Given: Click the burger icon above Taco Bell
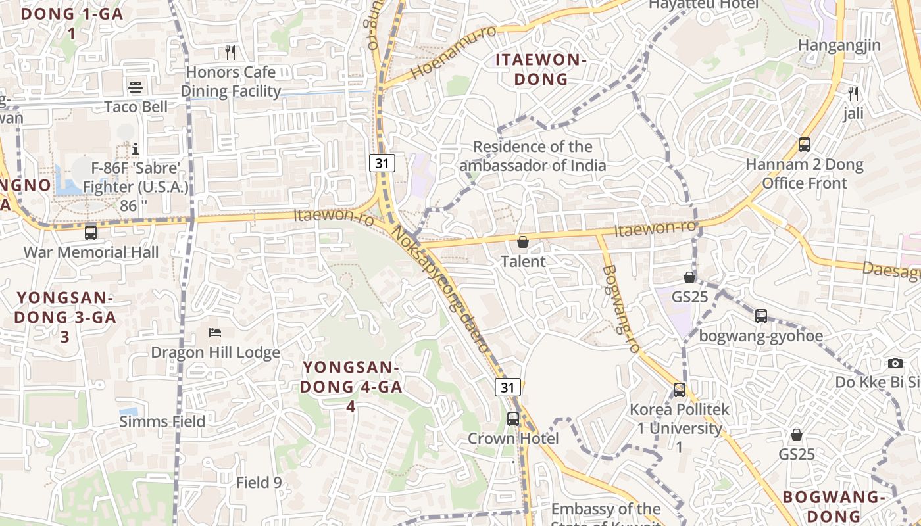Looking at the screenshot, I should (136, 87).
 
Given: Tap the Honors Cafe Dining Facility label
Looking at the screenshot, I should (231, 82).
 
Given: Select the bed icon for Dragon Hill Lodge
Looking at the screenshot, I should (215, 333).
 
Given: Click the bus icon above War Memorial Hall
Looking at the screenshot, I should (91, 232).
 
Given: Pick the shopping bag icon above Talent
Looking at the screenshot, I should (523, 242).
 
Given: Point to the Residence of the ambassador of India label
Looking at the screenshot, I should (533, 156).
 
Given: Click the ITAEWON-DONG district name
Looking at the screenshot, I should (541, 70).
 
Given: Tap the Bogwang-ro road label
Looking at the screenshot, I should (621, 309).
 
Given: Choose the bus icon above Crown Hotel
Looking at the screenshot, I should (513, 418).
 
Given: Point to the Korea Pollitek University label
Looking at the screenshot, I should (680, 428).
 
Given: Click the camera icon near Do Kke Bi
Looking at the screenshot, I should (895, 363).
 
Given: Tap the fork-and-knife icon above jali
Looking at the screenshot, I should (853, 94).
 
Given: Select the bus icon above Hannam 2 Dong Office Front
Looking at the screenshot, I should (804, 145).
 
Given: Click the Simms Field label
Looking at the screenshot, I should (162, 421).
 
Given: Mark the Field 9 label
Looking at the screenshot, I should (259, 483).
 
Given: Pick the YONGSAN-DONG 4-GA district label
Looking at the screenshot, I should (351, 386).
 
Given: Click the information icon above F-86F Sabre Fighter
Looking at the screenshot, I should (136, 149).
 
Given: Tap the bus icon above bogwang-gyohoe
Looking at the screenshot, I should (761, 316).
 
